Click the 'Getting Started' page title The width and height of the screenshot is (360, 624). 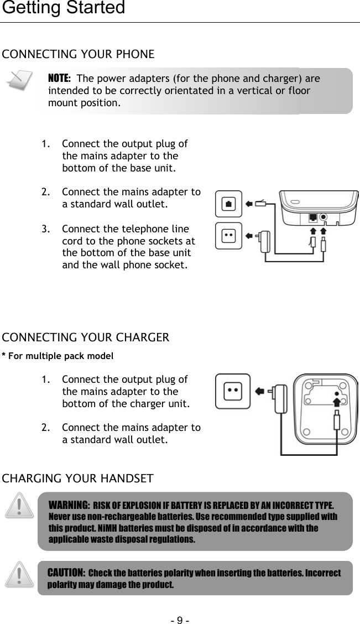click(62, 8)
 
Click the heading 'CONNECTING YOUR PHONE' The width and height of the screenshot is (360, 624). click(79, 54)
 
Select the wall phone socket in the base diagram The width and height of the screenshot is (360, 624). click(229, 204)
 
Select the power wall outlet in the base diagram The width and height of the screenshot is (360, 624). click(229, 235)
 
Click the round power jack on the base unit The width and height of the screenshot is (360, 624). click(324, 217)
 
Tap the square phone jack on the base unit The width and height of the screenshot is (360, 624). click(313, 217)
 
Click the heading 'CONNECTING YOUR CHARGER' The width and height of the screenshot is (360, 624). click(86, 337)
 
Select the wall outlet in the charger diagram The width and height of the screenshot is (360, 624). click(233, 391)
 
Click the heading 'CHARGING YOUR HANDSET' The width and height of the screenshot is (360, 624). click(79, 478)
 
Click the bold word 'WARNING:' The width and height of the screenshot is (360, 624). click(70, 505)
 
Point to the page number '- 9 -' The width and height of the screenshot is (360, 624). click(180, 616)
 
